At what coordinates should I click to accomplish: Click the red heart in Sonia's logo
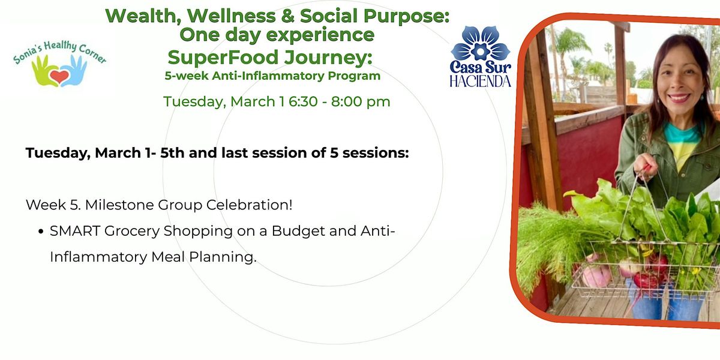pos(59,77)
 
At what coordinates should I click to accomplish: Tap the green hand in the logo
pos(44,71)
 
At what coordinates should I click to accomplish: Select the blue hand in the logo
pos(74,71)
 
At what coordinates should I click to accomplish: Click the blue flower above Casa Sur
pos(480,43)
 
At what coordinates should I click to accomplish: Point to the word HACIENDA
pos(480,82)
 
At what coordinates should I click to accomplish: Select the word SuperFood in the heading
pos(223,57)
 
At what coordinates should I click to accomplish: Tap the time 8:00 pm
pos(361,102)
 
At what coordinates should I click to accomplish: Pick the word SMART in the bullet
pos(75,231)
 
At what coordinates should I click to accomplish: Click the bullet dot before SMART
pos(41,232)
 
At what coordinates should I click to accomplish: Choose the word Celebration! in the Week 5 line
pos(249,205)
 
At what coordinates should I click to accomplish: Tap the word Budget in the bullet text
pos(298,231)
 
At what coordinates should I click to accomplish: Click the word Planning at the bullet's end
pos(223,257)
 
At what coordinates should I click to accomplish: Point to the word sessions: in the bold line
pos(376,153)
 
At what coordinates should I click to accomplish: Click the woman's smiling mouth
pos(679,98)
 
